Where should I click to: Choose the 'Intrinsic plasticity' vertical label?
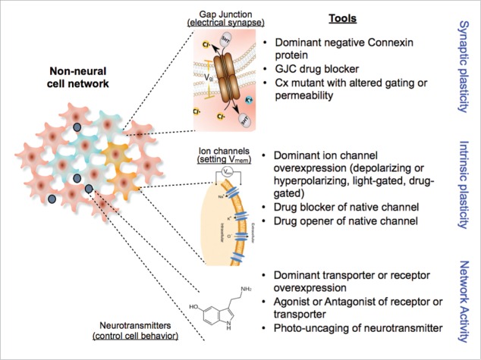pyautogui.click(x=464, y=183)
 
